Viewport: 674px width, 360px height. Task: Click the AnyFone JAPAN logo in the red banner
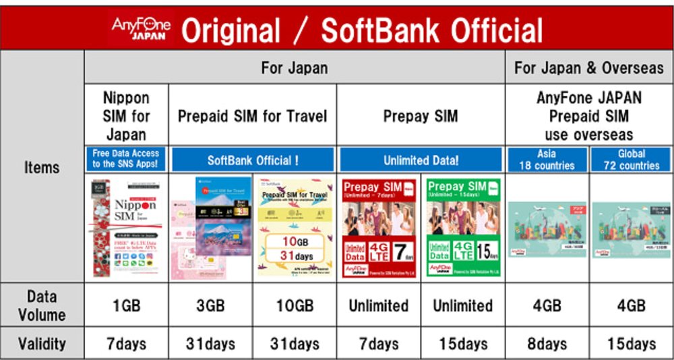click(x=141, y=28)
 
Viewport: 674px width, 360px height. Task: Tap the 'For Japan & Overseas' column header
click(x=588, y=67)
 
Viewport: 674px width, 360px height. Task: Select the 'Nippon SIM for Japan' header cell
click(x=126, y=115)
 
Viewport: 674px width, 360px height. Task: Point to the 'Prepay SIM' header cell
click(x=420, y=116)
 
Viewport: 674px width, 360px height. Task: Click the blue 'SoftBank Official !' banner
click(x=253, y=160)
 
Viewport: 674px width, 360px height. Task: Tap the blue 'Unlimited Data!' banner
click(x=420, y=160)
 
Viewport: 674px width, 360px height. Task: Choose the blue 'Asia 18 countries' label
click(x=547, y=160)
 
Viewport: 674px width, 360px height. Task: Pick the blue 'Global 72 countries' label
click(x=631, y=160)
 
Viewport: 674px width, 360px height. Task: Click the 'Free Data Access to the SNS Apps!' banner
click(x=126, y=159)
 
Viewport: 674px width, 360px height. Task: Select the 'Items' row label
click(x=42, y=167)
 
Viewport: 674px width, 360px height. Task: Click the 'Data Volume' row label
click(x=42, y=305)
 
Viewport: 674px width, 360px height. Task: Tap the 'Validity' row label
click(x=42, y=343)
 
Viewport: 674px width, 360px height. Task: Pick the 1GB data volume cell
click(x=126, y=305)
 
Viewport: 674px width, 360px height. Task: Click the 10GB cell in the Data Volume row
click(x=295, y=305)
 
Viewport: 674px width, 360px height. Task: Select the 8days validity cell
click(x=547, y=344)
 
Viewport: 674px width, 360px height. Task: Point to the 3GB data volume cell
click(x=210, y=305)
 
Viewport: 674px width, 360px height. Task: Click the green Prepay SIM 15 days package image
click(x=462, y=227)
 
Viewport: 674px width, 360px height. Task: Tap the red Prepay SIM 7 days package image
click(x=379, y=227)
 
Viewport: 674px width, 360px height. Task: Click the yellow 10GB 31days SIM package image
click(x=295, y=227)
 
